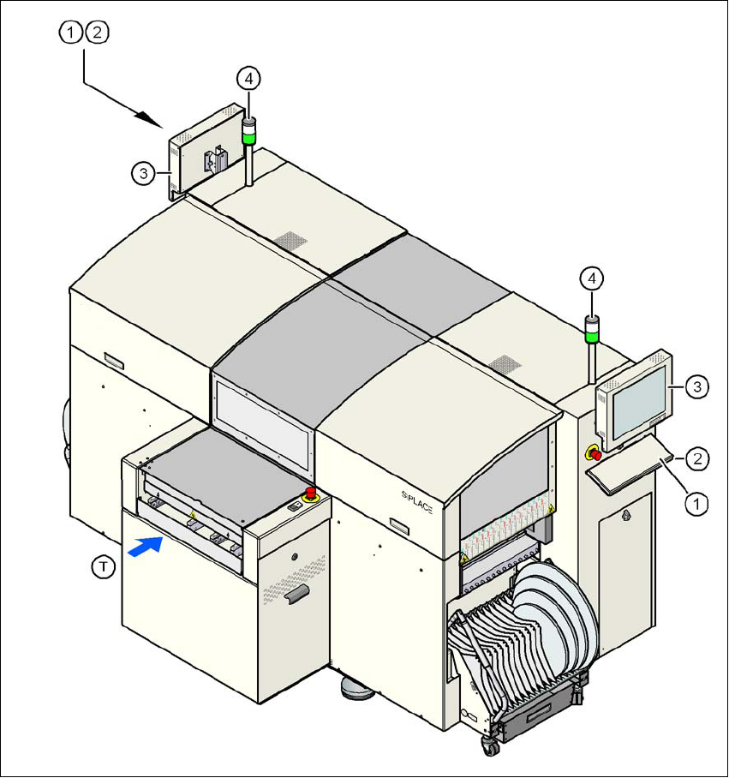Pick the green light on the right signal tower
[591, 336]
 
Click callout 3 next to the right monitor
[698, 388]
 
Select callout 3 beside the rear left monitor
[144, 174]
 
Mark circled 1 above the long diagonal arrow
[70, 33]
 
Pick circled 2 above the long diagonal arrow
[97, 33]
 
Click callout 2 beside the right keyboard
[699, 458]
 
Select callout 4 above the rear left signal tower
[248, 78]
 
